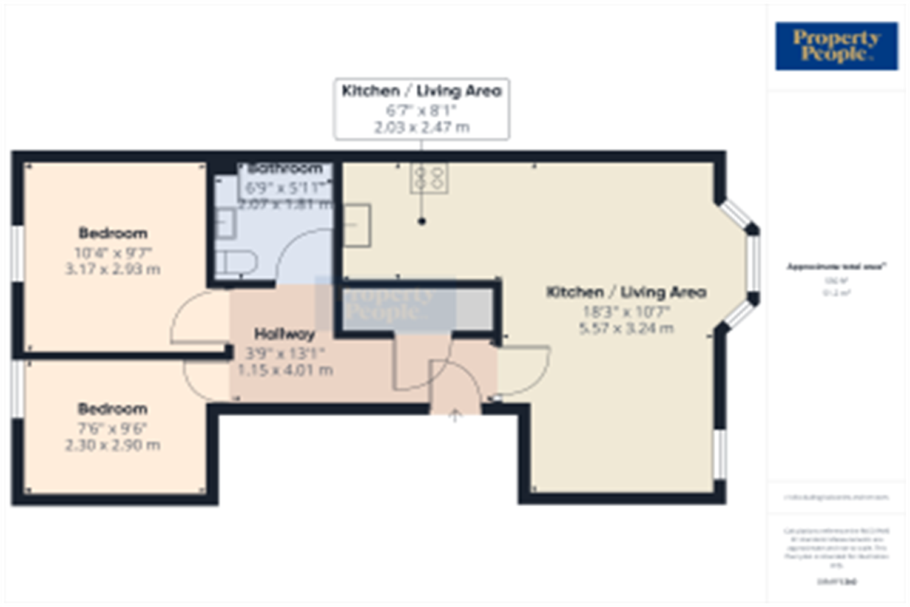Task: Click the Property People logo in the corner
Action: tap(836, 46)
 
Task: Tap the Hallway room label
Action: tap(285, 334)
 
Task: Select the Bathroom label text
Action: tap(285, 168)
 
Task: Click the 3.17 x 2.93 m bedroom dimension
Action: tap(113, 269)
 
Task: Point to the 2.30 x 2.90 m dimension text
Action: tap(113, 445)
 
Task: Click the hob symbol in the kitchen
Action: tap(429, 178)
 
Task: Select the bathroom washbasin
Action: tap(225, 223)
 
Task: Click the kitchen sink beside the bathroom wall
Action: tap(357, 226)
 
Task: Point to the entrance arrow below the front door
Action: tap(455, 416)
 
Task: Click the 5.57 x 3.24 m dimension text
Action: tap(626, 328)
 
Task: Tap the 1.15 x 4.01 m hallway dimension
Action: tap(285, 370)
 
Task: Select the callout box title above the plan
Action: tap(422, 91)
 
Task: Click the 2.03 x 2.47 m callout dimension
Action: tap(422, 127)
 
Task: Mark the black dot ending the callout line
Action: tap(422, 222)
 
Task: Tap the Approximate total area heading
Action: tap(836, 266)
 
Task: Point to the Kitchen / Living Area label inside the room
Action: tap(626, 293)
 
